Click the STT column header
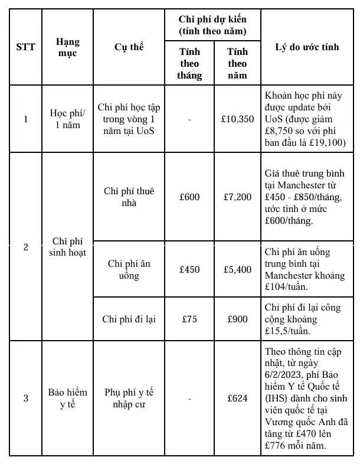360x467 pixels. coord(25,47)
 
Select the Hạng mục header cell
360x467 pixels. coord(68,47)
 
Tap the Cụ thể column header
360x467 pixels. coord(129,47)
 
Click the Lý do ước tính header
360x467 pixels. coord(307,47)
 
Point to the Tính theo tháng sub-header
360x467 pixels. coord(189,63)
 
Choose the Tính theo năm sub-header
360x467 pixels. coord(237,63)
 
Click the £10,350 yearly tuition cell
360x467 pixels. coord(237,119)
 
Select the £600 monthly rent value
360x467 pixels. coord(189,197)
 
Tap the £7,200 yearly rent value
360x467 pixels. coord(237,197)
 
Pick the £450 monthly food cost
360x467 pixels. coord(189,269)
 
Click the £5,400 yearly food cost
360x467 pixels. coord(237,269)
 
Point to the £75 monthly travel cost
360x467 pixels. coord(189,319)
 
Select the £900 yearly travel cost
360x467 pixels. coord(237,319)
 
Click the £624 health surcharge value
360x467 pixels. coord(237,399)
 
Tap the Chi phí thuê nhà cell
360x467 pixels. coord(129,197)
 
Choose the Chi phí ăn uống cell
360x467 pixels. coord(129,269)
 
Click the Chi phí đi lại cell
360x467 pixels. coord(129,319)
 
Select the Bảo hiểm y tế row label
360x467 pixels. coord(68,399)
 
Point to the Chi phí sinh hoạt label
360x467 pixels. coord(68,247)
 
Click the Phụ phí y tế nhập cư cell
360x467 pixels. coord(129,399)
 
